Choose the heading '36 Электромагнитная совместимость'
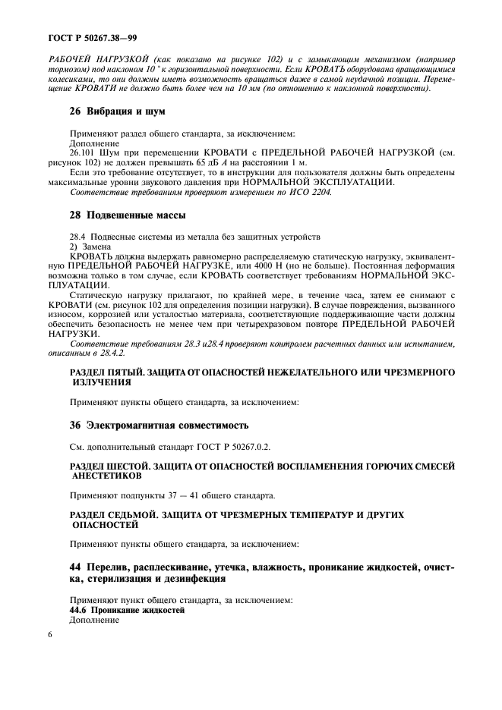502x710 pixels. pyautogui.click(x=160, y=424)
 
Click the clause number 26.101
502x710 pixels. pyautogui.click(x=84, y=153)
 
